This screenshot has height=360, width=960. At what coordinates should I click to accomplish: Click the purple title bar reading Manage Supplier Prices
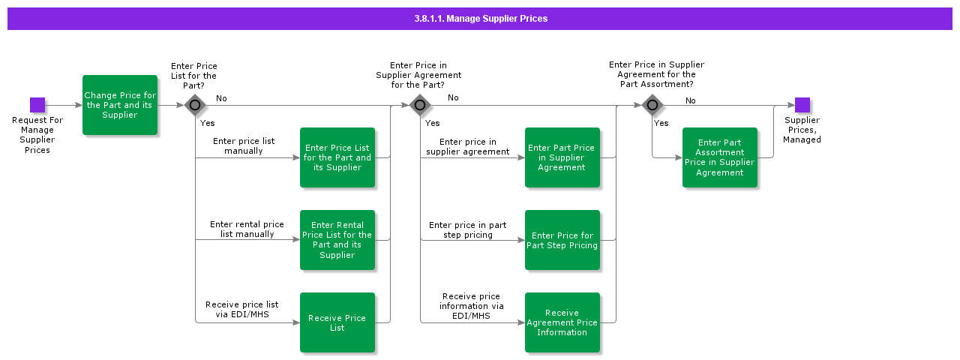(x=480, y=19)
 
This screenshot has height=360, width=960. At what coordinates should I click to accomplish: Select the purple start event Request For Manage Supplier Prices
(x=37, y=105)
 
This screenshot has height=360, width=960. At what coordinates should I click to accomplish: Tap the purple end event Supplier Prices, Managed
(x=802, y=105)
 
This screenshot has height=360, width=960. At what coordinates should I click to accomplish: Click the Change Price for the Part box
(x=120, y=105)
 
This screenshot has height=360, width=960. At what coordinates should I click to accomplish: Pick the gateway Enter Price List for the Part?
(x=195, y=105)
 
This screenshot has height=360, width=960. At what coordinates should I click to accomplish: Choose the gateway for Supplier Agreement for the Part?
(x=420, y=105)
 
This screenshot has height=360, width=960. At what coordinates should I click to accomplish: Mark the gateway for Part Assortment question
(x=652, y=105)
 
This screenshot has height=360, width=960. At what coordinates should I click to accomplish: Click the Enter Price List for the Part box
(x=337, y=157)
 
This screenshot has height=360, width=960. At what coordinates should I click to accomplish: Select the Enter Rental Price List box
(x=337, y=240)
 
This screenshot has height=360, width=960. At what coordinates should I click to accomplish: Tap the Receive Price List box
(x=337, y=322)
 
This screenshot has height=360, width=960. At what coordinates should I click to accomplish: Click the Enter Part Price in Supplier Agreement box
(x=562, y=157)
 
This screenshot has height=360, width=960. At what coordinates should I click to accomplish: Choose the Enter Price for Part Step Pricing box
(x=562, y=240)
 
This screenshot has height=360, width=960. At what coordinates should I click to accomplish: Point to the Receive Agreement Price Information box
(x=562, y=322)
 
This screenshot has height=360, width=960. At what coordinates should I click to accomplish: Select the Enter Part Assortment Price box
(x=720, y=157)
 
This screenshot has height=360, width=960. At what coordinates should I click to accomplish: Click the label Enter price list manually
(x=244, y=146)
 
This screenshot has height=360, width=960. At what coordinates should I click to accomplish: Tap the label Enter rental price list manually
(x=247, y=229)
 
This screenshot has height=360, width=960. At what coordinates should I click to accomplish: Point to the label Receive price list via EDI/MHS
(x=241, y=310)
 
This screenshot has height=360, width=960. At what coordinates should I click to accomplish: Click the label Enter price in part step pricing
(x=467, y=230)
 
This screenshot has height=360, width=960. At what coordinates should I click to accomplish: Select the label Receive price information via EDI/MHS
(x=471, y=306)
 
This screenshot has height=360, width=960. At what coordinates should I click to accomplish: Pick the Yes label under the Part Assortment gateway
(x=661, y=124)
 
